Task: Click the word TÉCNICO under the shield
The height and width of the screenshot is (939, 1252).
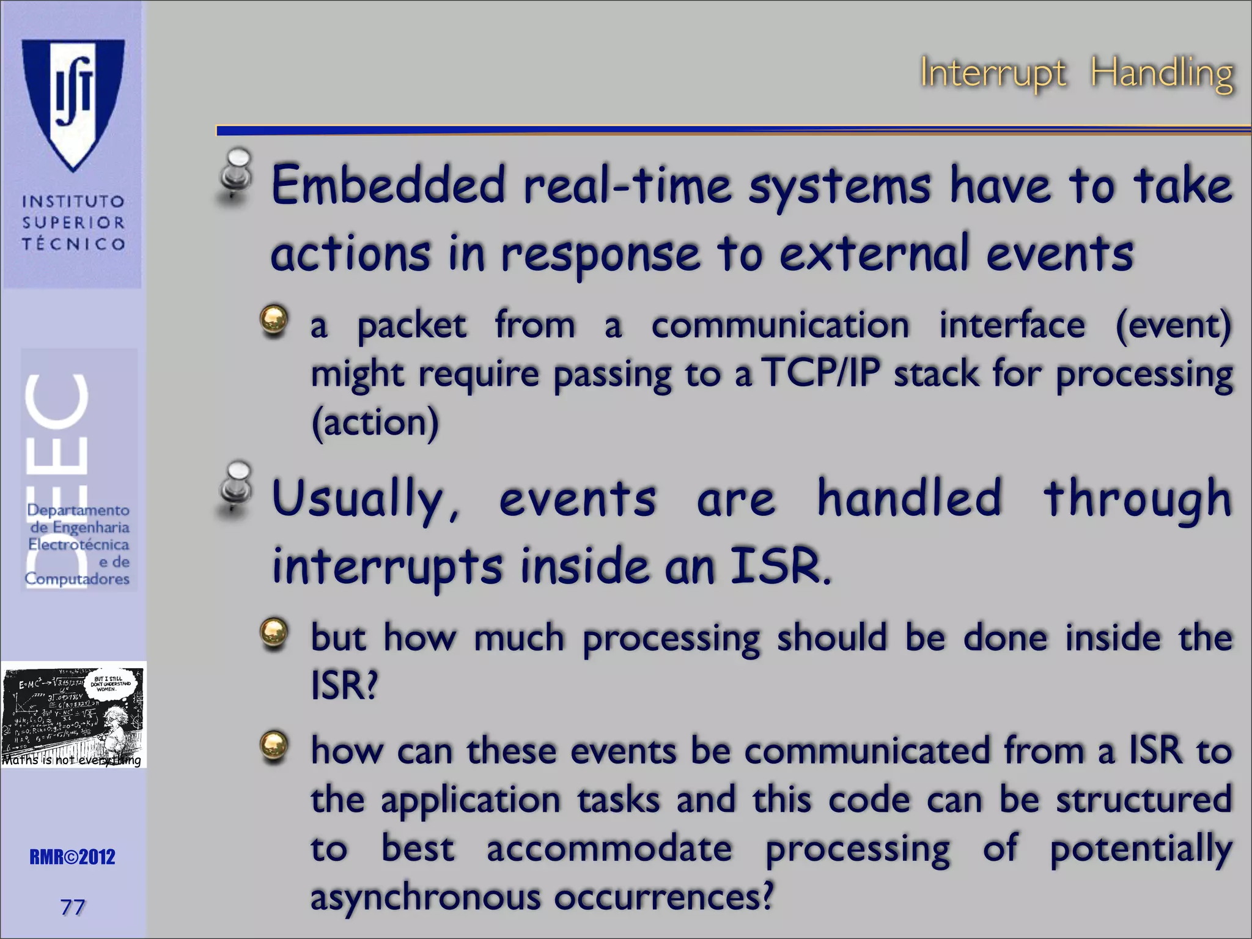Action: point(73,244)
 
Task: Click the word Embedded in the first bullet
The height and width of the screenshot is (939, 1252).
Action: point(388,185)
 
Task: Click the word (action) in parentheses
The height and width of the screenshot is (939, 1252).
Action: point(375,422)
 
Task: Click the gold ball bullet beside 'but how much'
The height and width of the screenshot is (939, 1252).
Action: point(273,633)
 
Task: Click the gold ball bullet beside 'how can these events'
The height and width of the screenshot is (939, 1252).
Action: point(273,746)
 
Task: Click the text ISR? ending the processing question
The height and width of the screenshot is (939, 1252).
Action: point(344,685)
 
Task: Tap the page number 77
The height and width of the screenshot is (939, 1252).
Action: point(72,907)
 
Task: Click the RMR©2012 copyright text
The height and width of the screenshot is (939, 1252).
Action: point(72,857)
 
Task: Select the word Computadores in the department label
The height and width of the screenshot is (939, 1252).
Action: point(77,578)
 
